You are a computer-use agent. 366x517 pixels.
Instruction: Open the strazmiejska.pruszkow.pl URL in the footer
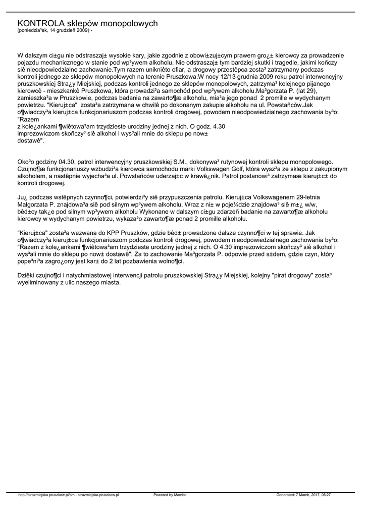68,495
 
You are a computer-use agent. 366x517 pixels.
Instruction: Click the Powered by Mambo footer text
170,495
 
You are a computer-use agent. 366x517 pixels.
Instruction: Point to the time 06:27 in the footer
324,495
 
